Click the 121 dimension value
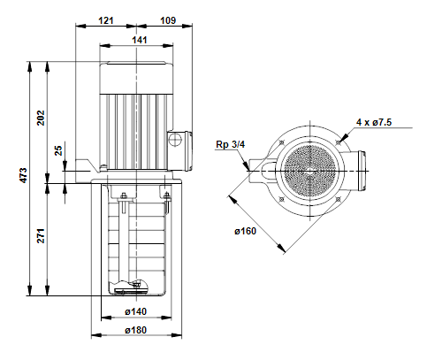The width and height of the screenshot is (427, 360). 106,20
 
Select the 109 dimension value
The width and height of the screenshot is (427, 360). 168,20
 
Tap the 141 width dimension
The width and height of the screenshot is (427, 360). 140,40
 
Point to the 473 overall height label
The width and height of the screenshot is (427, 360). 24,175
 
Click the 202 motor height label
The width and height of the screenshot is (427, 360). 41,118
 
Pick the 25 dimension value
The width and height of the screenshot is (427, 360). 58,150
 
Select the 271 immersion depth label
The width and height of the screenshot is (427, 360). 41,235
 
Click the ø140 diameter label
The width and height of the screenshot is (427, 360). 135,311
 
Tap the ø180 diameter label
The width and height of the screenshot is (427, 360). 135,330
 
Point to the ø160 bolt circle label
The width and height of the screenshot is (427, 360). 245,231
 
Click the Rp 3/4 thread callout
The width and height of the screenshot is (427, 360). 231,144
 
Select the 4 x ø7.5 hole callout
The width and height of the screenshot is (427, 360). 374,122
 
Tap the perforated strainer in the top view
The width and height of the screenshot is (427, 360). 309,171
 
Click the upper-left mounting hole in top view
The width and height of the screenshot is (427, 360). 282,142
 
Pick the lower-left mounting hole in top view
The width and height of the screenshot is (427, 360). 281,200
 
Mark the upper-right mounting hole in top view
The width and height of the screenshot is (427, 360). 339,143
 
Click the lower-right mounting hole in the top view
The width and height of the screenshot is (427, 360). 338,200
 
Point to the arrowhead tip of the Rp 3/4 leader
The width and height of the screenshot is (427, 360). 249,171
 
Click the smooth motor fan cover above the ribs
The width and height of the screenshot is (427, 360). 136,78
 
